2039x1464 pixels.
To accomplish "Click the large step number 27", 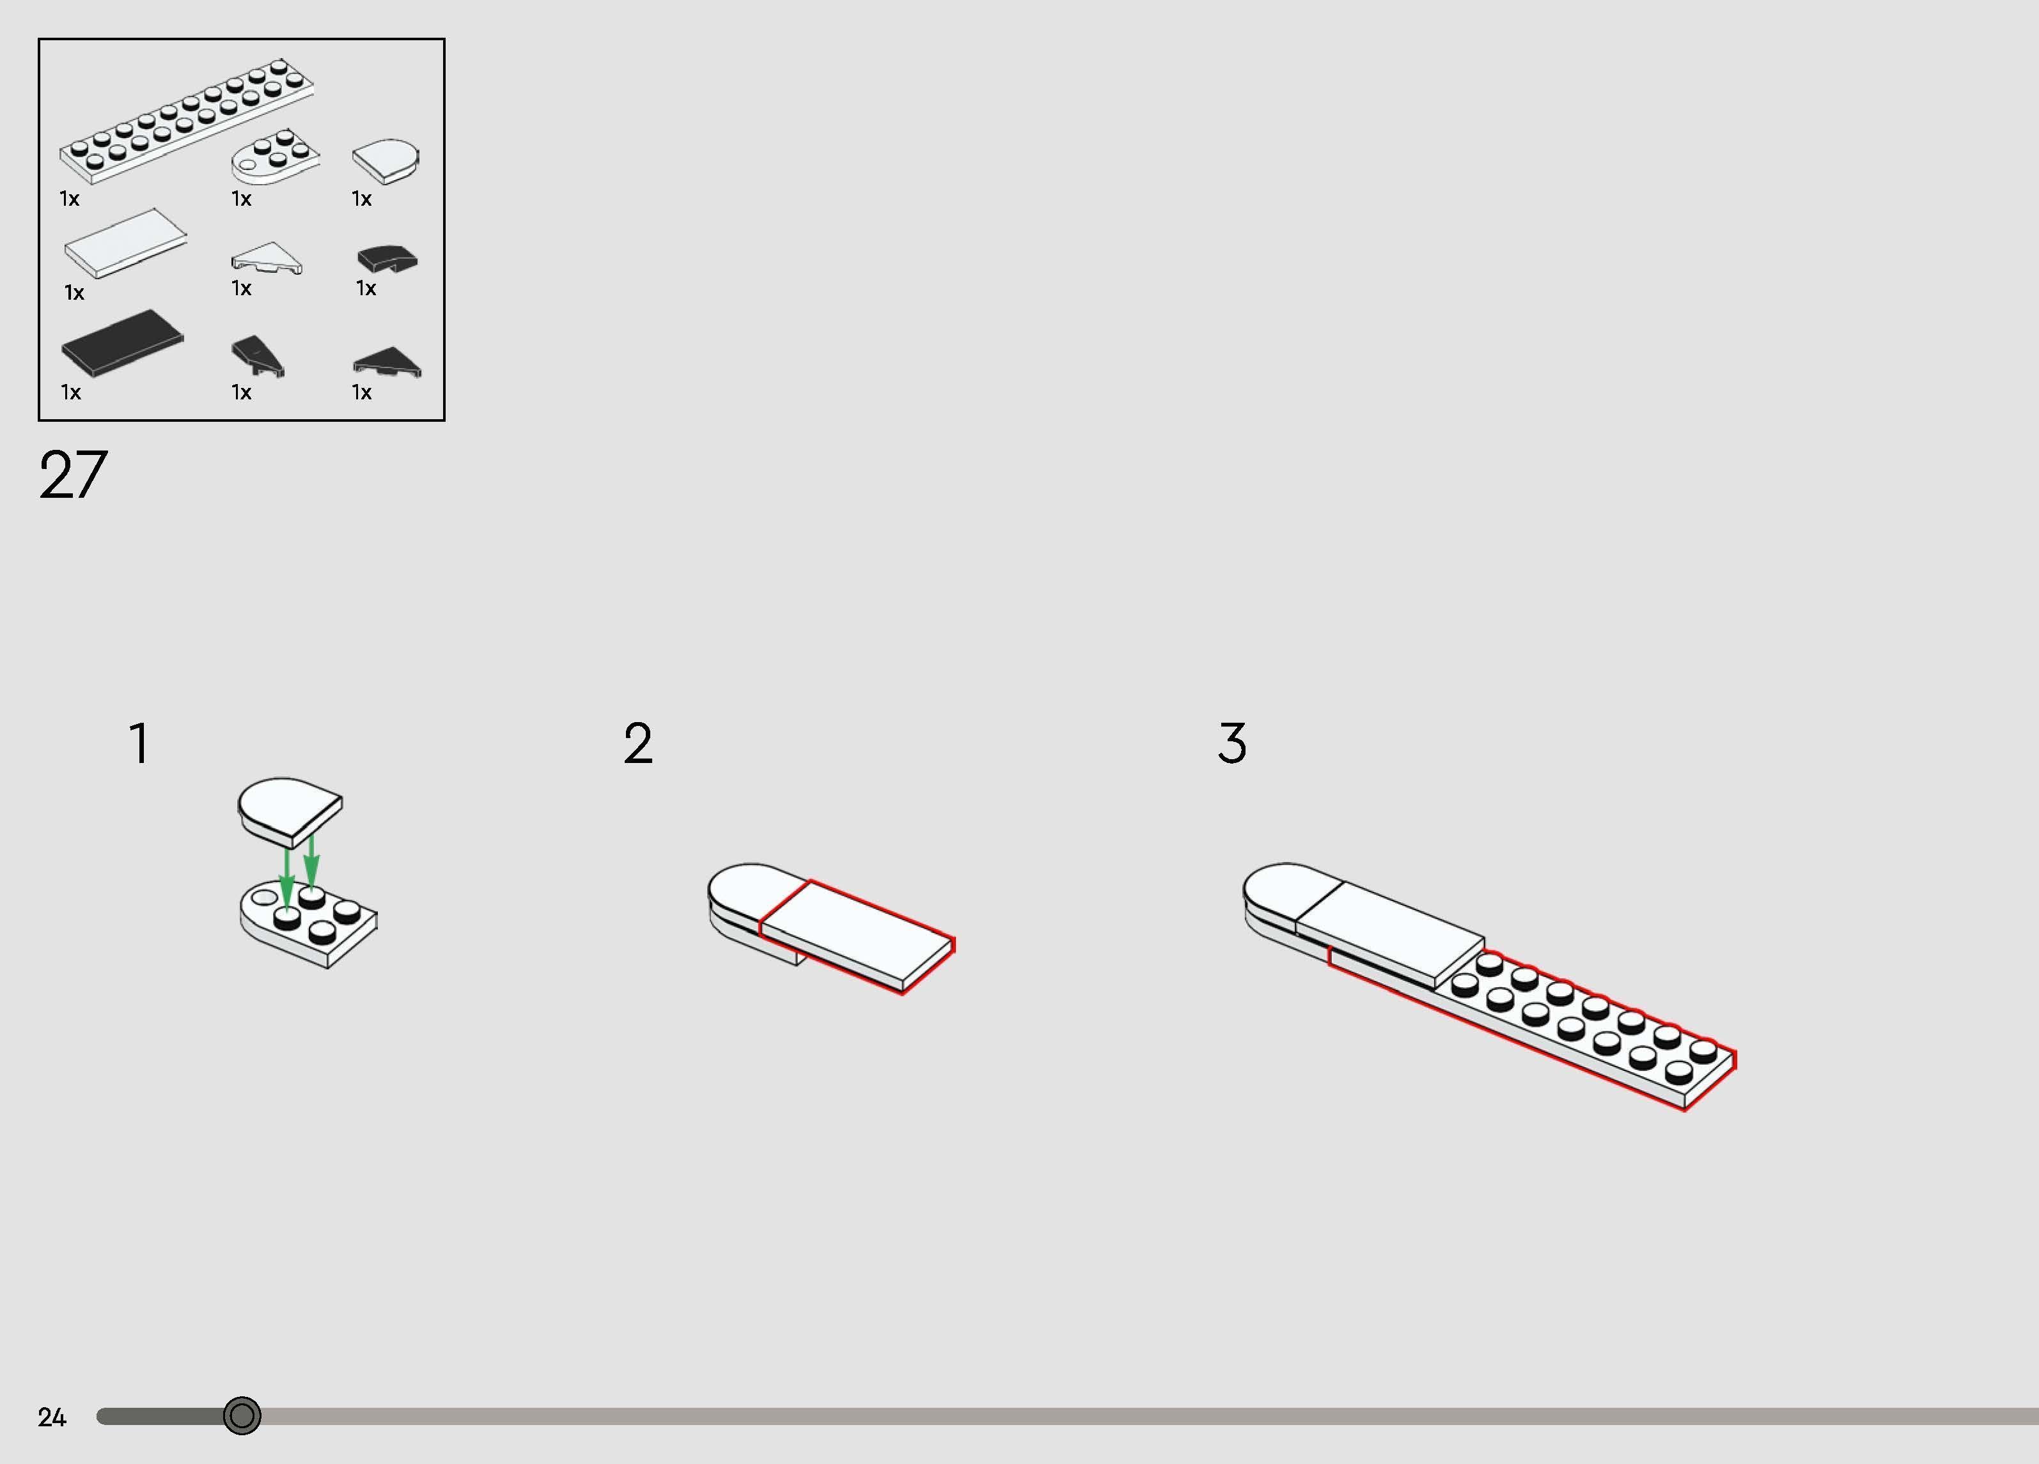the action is [73, 475].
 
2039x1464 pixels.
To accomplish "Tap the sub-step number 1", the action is [139, 743].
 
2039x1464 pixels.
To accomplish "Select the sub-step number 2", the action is [637, 743].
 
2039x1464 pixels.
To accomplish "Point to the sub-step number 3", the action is [1233, 743].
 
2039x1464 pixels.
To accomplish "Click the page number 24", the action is [52, 1417].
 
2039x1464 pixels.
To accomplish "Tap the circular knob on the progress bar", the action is [242, 1416].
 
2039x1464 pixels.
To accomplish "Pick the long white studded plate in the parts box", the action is [187, 121].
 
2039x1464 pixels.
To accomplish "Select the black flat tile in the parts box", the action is [122, 343].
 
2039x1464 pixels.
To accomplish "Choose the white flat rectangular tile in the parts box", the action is [126, 243].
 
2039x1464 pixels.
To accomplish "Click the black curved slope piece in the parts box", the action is [387, 259].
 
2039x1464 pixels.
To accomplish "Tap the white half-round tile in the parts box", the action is [386, 161].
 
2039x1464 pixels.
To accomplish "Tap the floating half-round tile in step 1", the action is [290, 812].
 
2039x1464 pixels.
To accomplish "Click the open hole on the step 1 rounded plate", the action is [264, 897].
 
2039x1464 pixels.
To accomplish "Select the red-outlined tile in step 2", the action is [857, 936].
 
